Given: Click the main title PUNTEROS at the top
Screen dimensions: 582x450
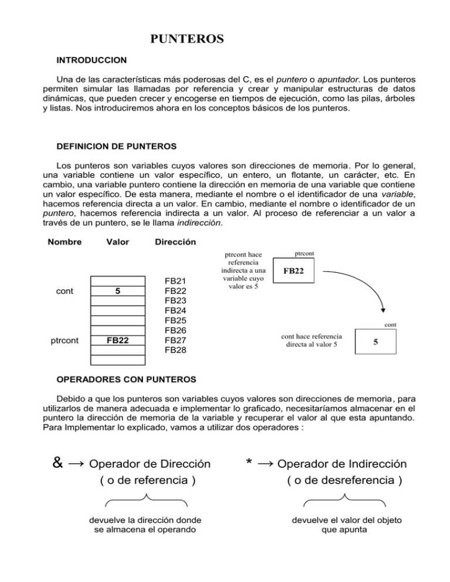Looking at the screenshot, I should pyautogui.click(x=187, y=40).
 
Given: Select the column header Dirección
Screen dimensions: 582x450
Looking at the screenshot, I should pyautogui.click(x=175, y=242).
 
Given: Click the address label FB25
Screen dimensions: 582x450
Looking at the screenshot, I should pyautogui.click(x=176, y=320).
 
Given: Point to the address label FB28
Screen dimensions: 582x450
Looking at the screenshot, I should pyautogui.click(x=176, y=350).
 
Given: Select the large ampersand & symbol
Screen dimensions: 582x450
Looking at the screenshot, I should pyautogui.click(x=58, y=463).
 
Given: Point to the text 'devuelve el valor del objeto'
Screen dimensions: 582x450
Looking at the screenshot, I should pyautogui.click(x=344, y=520).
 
